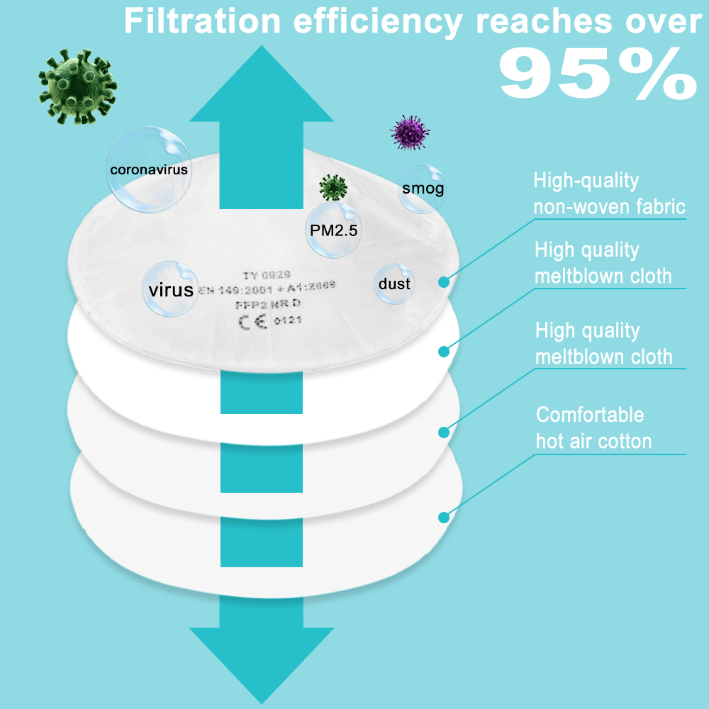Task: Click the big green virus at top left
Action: [x=77, y=86]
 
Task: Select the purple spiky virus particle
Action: [x=411, y=133]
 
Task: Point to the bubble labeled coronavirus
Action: [x=148, y=169]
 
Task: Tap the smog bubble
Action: [x=422, y=189]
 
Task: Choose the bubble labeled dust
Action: [x=394, y=284]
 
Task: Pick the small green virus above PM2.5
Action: [x=333, y=187]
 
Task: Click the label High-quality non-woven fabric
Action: [x=608, y=194]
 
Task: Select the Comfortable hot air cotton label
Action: [x=593, y=428]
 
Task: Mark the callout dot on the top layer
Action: [x=445, y=282]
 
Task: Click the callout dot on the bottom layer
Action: [x=445, y=518]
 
